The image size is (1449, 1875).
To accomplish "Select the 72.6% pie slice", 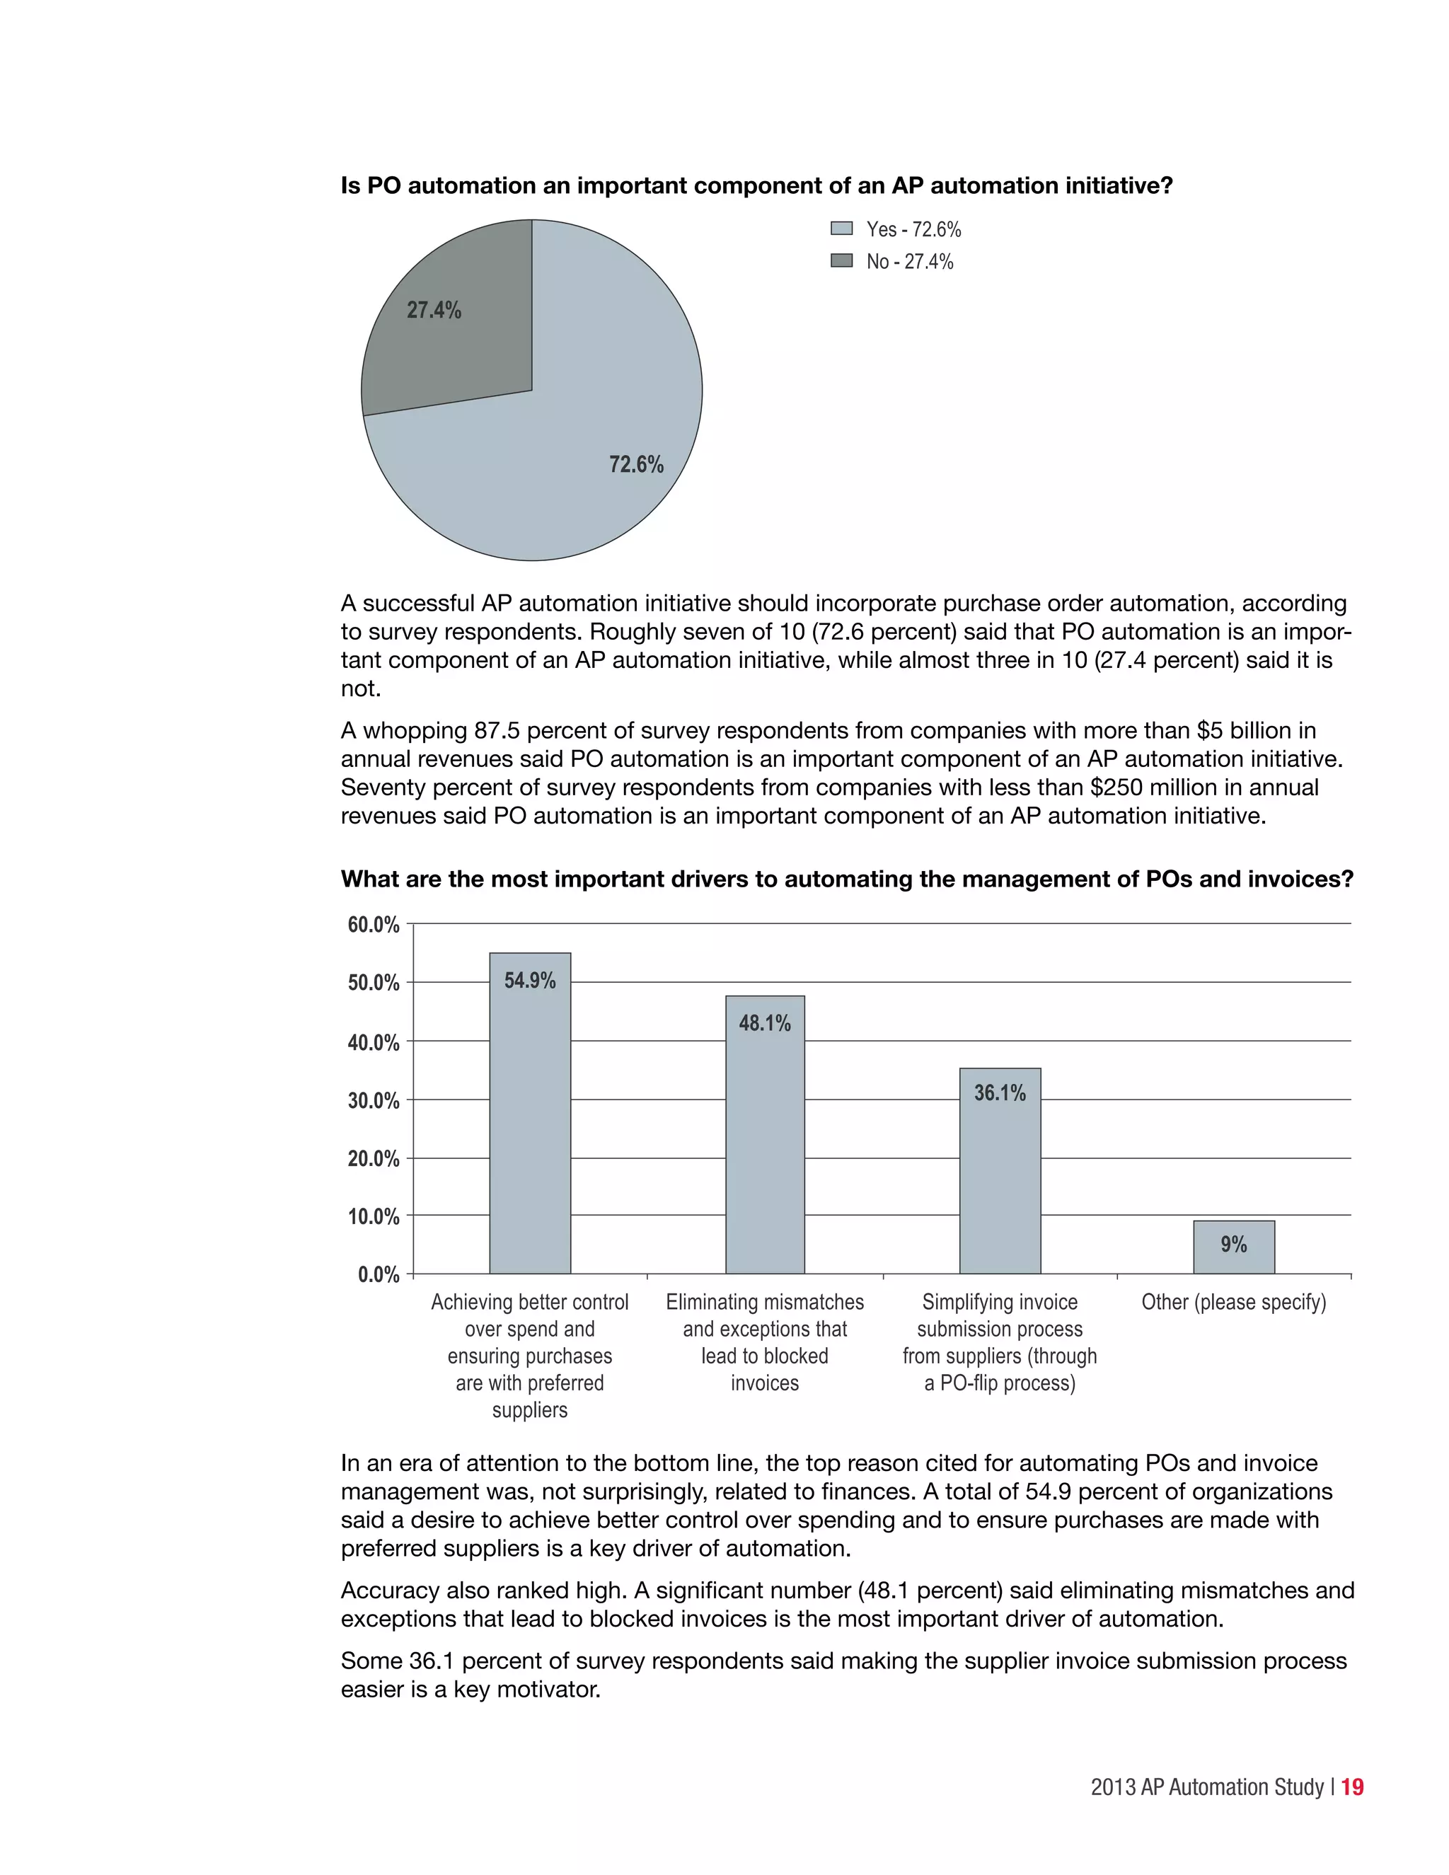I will pyautogui.click(x=584, y=446).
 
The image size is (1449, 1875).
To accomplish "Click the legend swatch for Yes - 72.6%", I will pyautogui.click(x=841, y=229).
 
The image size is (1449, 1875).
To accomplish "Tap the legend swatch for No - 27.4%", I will pyautogui.click(x=841, y=261).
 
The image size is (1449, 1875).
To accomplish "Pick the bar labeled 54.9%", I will pyautogui.click(x=530, y=1133).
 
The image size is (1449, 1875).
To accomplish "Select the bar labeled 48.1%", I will pyautogui.click(x=765, y=1150).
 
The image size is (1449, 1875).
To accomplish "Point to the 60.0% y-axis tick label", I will pyautogui.click(x=374, y=925).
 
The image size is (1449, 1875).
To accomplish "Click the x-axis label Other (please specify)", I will pyautogui.click(x=1233, y=1303).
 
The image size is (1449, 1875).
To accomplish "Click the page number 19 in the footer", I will pyautogui.click(x=1352, y=1787).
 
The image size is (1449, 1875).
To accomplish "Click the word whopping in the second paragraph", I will pyautogui.click(x=415, y=731).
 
